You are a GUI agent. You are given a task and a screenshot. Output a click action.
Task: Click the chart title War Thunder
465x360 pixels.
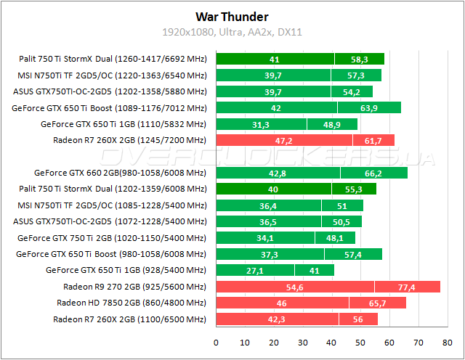click(x=232, y=16)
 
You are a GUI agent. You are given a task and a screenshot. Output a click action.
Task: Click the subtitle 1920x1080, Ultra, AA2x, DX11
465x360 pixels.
click(x=232, y=33)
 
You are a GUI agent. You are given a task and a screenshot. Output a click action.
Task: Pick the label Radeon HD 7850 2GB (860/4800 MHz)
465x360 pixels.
click(x=132, y=303)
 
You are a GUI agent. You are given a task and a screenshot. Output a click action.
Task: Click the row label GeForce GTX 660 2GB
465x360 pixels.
click(x=120, y=173)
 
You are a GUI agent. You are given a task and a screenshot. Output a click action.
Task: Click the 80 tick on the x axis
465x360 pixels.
click(x=448, y=342)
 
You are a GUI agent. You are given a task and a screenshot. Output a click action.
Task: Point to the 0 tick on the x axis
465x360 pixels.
click(x=216, y=342)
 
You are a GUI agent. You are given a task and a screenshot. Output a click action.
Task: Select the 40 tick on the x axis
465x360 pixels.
click(x=332, y=342)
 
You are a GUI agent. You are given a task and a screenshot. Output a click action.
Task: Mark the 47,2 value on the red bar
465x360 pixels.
click(x=285, y=140)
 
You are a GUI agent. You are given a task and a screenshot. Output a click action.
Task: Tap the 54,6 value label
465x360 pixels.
click(x=295, y=287)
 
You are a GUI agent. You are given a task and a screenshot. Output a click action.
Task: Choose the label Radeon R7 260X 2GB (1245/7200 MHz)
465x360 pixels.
click(x=130, y=140)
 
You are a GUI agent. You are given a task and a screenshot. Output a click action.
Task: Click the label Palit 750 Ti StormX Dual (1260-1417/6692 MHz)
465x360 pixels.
click(x=114, y=60)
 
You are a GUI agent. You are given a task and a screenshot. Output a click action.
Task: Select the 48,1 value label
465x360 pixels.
click(x=335, y=238)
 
